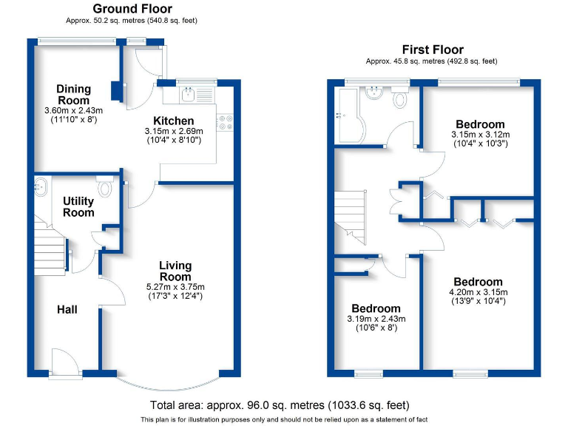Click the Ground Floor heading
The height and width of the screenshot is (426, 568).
135,8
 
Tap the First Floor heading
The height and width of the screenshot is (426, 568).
432,50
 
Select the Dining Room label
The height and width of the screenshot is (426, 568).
73,95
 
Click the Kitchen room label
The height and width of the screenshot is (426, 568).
173,121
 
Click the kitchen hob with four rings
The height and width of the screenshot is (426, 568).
225,121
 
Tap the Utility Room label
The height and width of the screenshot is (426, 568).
78,206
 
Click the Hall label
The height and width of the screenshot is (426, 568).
67,309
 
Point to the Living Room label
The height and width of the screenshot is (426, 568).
175,271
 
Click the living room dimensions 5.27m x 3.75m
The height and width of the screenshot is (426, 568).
175,287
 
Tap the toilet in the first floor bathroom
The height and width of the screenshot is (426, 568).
401,98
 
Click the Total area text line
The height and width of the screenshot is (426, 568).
280,405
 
